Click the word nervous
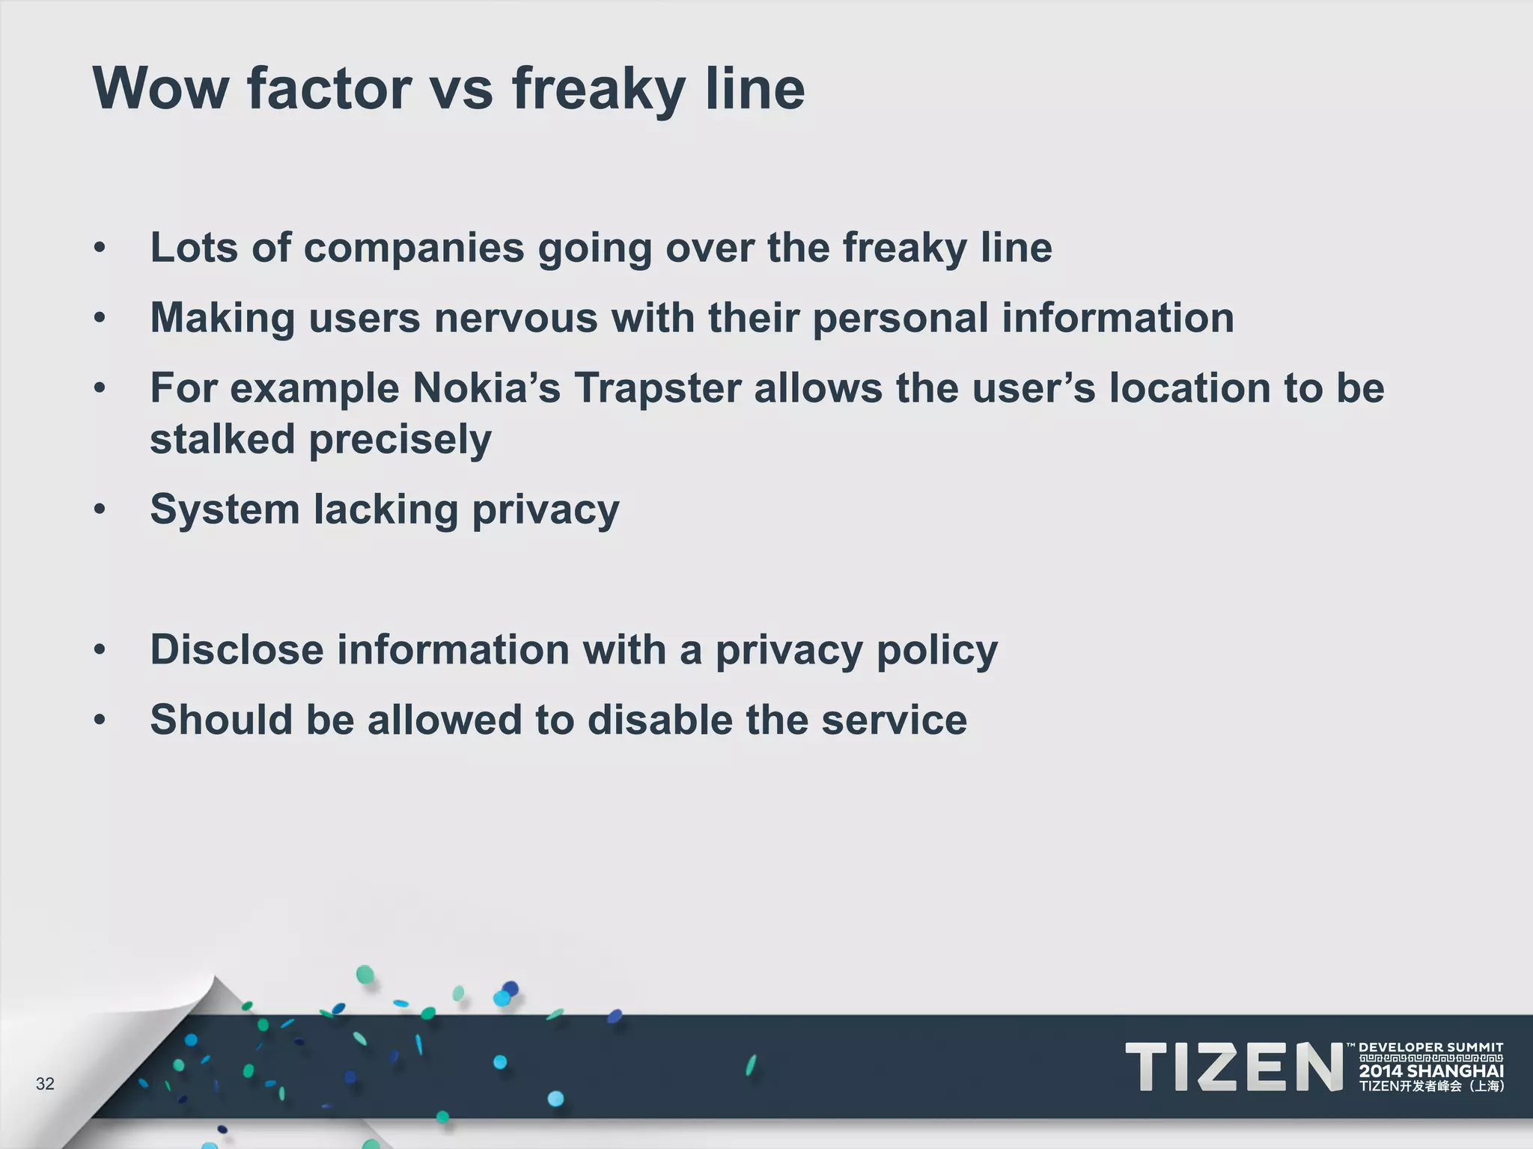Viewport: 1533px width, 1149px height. [x=516, y=318]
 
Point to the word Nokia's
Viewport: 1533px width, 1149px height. [x=486, y=388]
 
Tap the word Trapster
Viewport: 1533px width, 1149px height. [x=658, y=388]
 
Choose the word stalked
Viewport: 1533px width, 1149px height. [x=222, y=439]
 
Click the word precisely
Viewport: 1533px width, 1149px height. [x=400, y=441]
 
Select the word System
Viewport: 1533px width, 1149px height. [x=225, y=510]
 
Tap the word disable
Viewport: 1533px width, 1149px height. [x=659, y=720]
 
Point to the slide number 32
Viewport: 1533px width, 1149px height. [x=45, y=1084]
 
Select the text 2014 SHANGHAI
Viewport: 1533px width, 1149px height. [x=1430, y=1071]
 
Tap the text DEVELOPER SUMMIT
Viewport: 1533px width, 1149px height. [x=1430, y=1047]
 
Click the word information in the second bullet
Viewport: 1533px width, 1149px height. [x=1118, y=318]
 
